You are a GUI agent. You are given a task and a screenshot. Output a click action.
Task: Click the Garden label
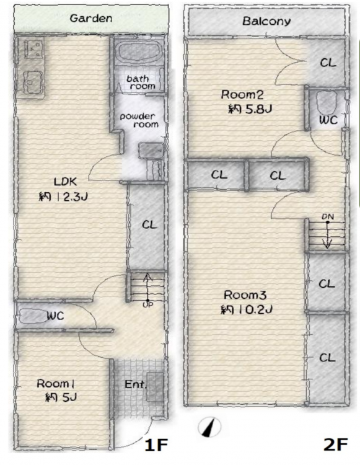[x=91, y=19]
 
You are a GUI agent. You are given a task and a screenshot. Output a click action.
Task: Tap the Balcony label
[x=266, y=21]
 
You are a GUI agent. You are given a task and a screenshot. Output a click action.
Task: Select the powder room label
[x=139, y=120]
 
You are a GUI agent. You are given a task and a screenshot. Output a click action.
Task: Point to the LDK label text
[x=66, y=182]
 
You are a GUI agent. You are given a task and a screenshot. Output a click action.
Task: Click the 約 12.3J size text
[x=63, y=197]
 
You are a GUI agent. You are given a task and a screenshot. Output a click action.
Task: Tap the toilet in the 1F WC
[x=32, y=316]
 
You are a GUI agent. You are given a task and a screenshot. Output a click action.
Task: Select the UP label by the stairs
[x=148, y=304]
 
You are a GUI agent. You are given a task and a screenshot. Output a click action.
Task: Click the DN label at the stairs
[x=328, y=217]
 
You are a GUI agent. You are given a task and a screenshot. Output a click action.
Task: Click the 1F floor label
[x=156, y=445]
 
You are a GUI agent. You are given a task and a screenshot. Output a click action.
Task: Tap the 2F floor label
[x=335, y=445]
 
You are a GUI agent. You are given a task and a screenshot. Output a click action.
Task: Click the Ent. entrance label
[x=136, y=384]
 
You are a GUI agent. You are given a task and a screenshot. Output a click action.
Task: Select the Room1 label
[x=56, y=384]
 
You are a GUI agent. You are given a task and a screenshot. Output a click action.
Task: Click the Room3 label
[x=245, y=295]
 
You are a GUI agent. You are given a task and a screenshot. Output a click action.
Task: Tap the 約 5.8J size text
[x=250, y=109]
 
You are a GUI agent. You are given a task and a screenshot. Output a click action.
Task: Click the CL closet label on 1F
[x=149, y=225]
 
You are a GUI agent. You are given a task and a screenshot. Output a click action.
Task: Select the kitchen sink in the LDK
[x=32, y=82]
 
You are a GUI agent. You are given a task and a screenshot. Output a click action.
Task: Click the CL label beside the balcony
[x=328, y=63]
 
